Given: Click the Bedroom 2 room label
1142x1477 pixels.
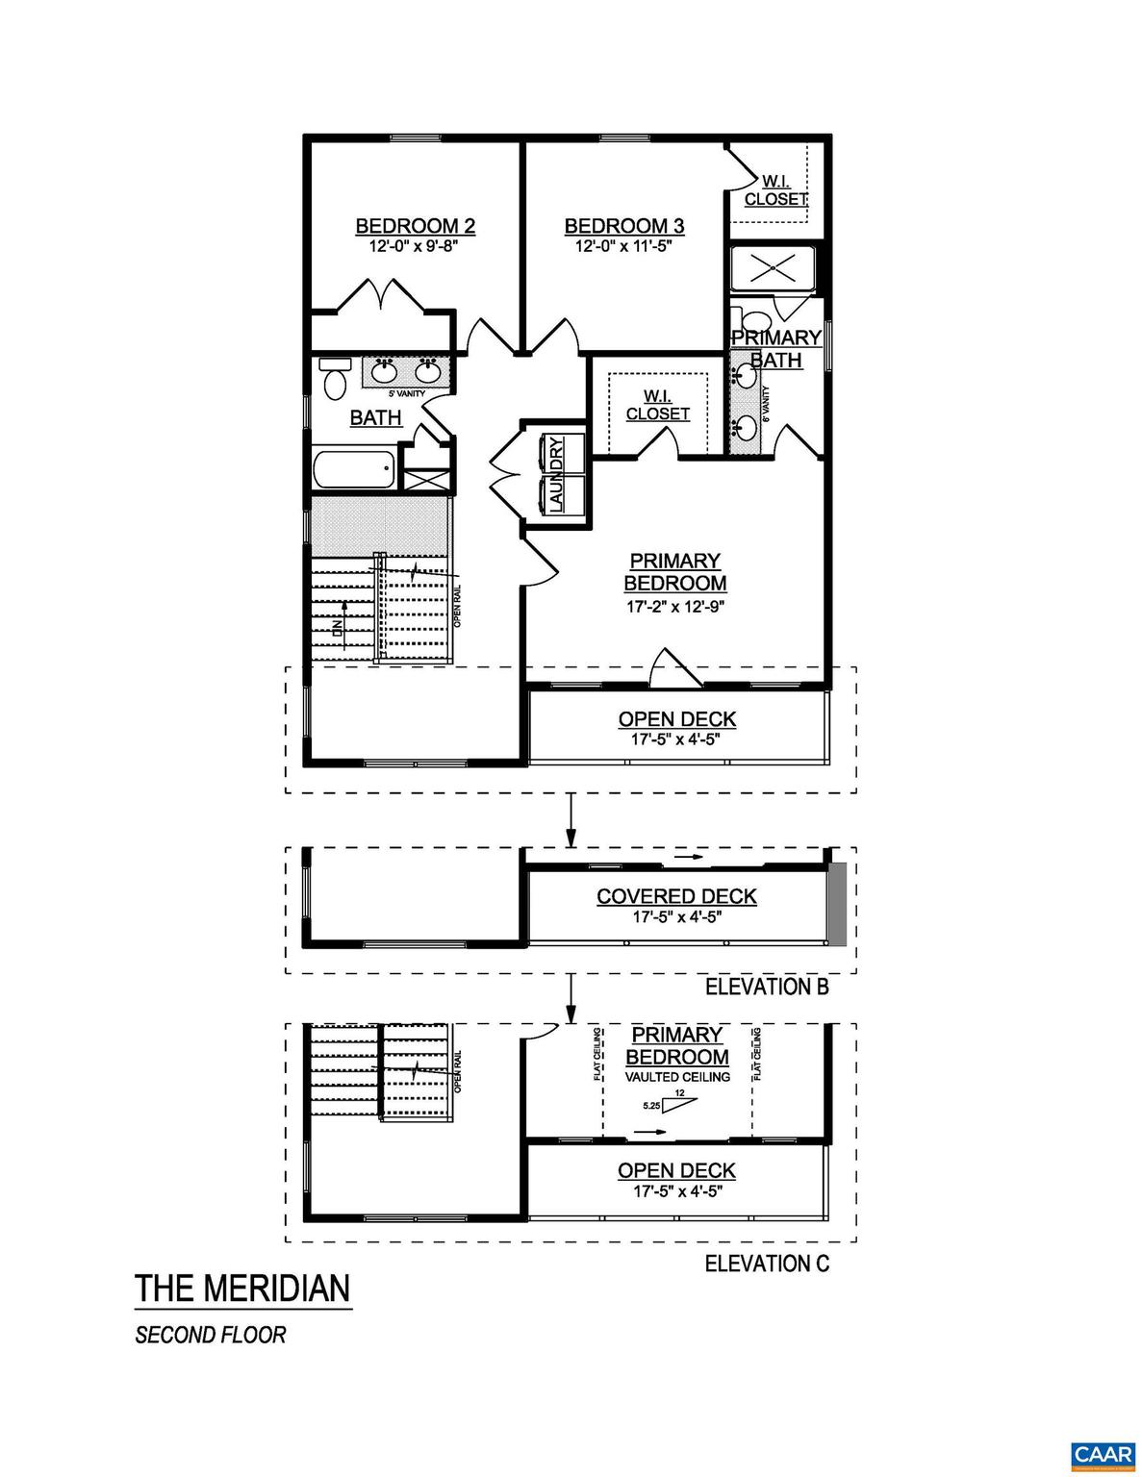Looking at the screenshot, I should (415, 226).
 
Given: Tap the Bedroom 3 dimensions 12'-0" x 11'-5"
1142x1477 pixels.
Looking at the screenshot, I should (623, 246).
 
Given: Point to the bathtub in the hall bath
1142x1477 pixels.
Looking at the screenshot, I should (353, 471).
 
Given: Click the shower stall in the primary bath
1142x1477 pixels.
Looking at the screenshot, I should (776, 269).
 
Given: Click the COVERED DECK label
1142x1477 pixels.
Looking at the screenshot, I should (676, 896).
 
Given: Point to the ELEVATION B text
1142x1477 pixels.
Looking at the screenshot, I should (767, 987).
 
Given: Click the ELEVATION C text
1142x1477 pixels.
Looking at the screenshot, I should (767, 1263).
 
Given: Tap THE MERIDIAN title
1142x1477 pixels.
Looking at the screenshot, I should (242, 1289).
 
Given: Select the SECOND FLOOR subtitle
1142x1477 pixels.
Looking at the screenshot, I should (211, 1336).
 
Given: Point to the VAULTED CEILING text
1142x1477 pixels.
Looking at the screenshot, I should (677, 1077).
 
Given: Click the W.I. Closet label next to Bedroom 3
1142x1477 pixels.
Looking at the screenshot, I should (775, 190).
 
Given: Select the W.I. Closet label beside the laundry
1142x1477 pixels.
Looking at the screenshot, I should (657, 405).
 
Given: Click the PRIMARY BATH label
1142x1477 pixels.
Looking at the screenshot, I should (775, 348).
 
